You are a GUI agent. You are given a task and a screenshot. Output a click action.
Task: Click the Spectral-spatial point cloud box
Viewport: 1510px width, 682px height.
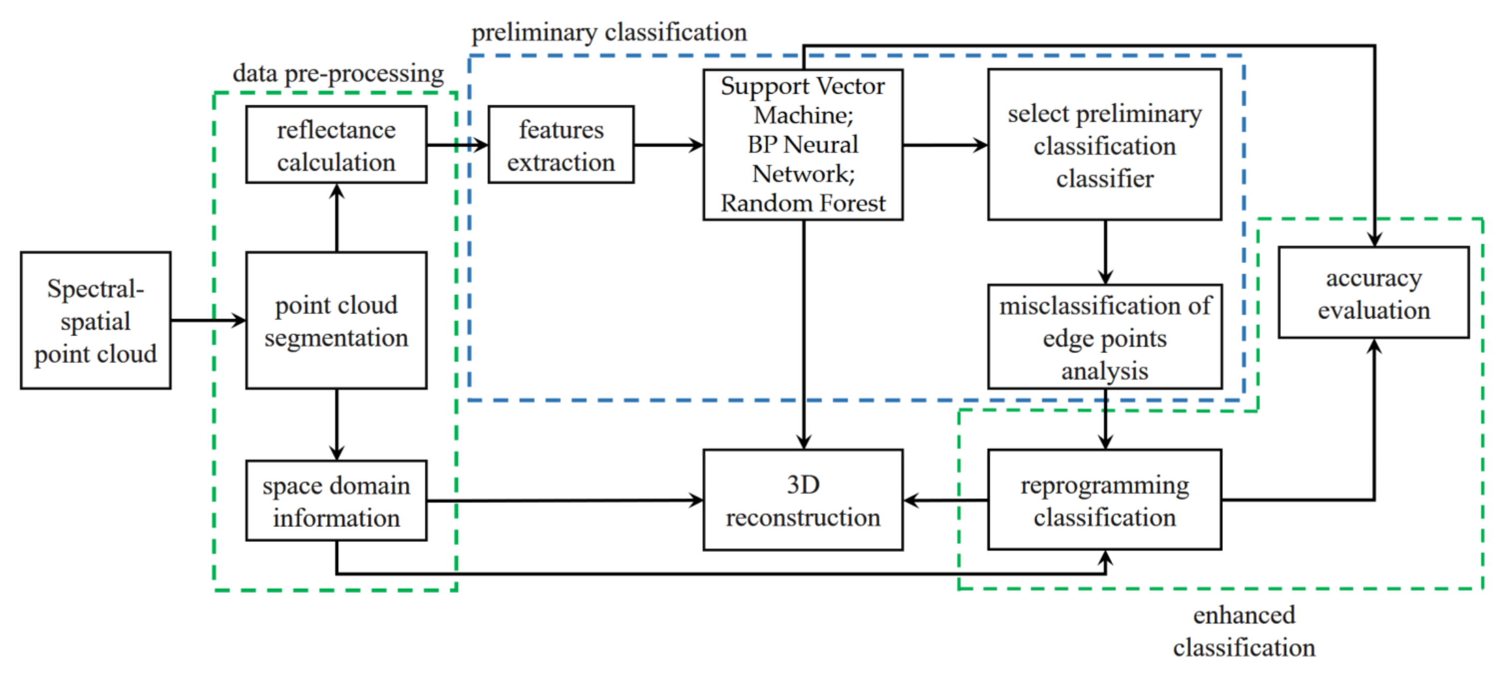(x=96, y=321)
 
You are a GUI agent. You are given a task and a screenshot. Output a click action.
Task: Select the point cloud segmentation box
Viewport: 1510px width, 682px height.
(x=336, y=321)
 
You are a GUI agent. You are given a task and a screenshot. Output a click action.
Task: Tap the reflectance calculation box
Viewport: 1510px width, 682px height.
(x=336, y=145)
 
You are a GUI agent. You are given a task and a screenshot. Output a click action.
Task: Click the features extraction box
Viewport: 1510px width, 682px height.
(x=561, y=145)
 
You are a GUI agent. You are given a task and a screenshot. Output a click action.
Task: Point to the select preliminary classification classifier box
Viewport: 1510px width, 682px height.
(x=1105, y=145)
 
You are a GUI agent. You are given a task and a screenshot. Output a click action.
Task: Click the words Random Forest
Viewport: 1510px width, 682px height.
(x=802, y=203)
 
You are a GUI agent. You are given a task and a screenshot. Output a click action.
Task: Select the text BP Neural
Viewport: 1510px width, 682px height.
(x=802, y=145)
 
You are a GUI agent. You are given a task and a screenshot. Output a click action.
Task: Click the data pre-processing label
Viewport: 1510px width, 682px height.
(x=338, y=74)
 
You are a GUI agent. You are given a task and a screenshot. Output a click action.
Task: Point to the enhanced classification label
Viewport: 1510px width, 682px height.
(x=1244, y=631)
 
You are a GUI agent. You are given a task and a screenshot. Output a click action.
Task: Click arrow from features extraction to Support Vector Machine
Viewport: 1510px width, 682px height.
(x=668, y=145)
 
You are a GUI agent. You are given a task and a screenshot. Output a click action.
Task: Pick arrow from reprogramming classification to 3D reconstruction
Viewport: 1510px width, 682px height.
(x=945, y=501)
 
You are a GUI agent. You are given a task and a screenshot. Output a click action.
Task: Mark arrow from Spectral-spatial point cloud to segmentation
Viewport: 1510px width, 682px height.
(x=208, y=321)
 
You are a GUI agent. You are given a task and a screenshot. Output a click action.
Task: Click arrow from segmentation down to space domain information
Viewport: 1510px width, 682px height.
(x=337, y=424)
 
